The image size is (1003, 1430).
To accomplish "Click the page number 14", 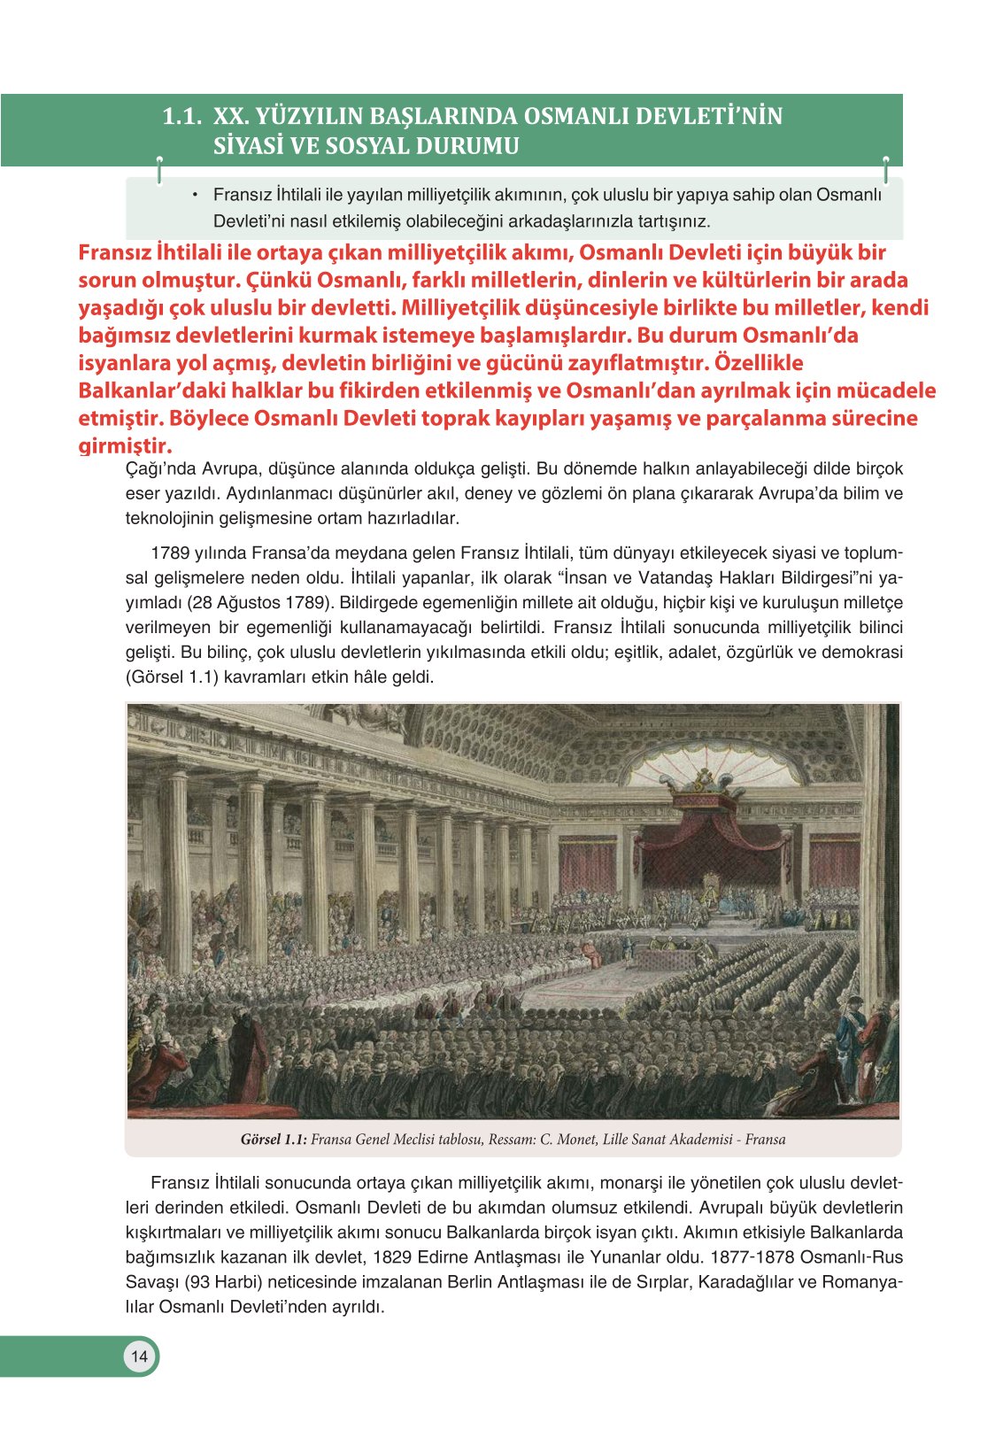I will coord(139,1356).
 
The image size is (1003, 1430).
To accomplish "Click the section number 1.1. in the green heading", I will coord(182,117).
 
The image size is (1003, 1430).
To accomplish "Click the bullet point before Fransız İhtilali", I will coord(193,195).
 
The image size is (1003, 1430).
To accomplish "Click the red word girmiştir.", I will coord(125,445).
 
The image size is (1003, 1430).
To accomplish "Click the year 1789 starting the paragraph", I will coord(170,553).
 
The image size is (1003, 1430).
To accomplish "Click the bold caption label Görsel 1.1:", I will coord(274,1140).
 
